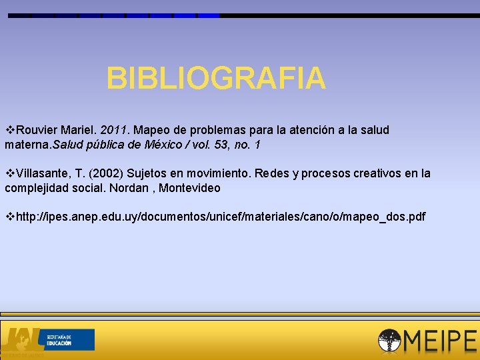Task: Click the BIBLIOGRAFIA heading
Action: (x=216, y=79)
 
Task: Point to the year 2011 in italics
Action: (x=113, y=130)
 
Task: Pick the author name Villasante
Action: (x=43, y=174)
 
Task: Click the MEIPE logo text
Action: (x=439, y=341)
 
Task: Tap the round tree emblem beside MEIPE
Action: (x=389, y=341)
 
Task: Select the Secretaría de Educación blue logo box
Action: (x=68, y=339)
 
